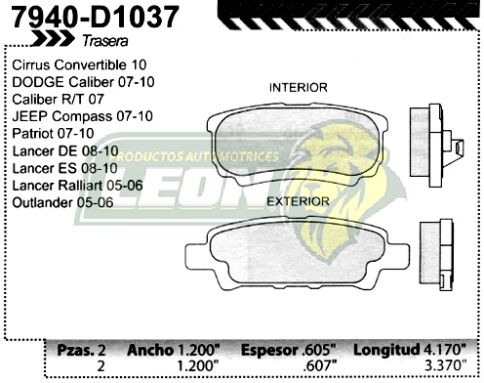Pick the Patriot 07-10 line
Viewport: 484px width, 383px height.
point(54,133)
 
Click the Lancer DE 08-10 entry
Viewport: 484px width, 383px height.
point(65,150)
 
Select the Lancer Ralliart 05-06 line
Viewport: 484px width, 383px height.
point(79,185)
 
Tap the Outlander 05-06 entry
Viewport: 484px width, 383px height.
point(64,202)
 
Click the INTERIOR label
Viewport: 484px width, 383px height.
point(299,88)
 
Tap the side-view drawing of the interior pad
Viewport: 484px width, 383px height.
point(435,141)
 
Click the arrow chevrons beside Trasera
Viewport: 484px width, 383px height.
point(51,39)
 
